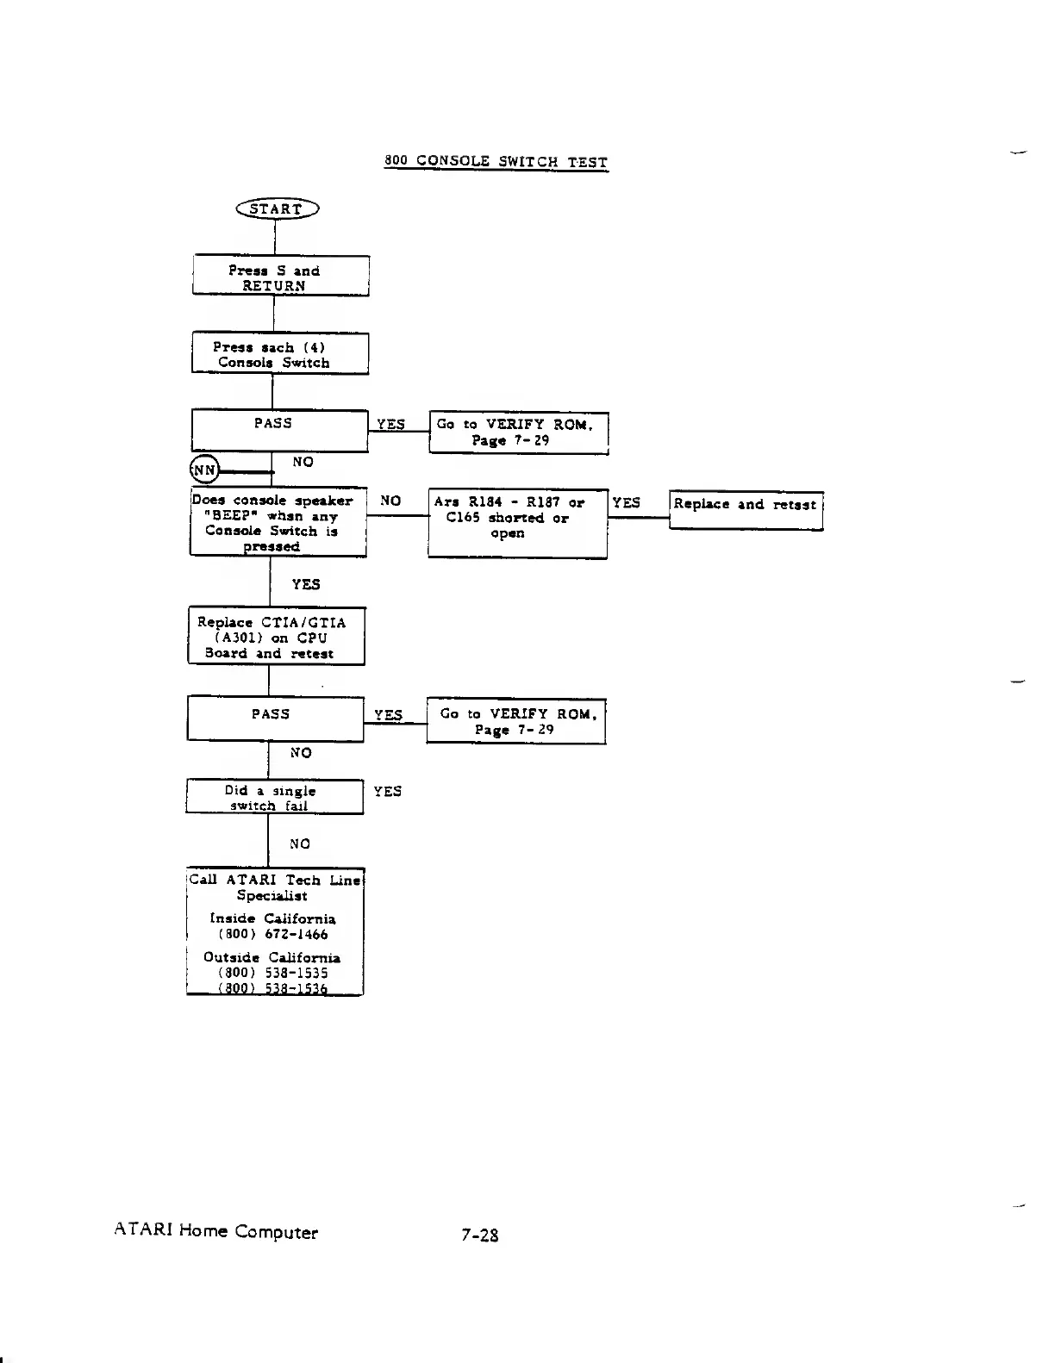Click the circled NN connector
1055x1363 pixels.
tap(204, 470)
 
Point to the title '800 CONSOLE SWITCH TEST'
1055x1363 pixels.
tap(496, 162)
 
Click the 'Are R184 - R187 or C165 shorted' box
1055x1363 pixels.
tap(517, 522)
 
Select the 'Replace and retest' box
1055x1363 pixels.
tap(746, 509)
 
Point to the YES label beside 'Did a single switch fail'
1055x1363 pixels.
tap(387, 791)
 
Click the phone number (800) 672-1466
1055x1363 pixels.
tap(273, 934)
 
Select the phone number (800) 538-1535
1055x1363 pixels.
tap(273, 973)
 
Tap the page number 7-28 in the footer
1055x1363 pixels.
tap(479, 1235)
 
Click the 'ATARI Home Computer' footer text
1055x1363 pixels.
tap(216, 1232)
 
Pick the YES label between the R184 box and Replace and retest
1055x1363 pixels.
tap(627, 502)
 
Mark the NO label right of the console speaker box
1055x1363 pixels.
tap(390, 501)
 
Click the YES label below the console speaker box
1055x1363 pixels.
tap(305, 584)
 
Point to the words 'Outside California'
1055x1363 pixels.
tap(272, 957)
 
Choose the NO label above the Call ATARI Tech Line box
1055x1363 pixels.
tap(300, 843)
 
